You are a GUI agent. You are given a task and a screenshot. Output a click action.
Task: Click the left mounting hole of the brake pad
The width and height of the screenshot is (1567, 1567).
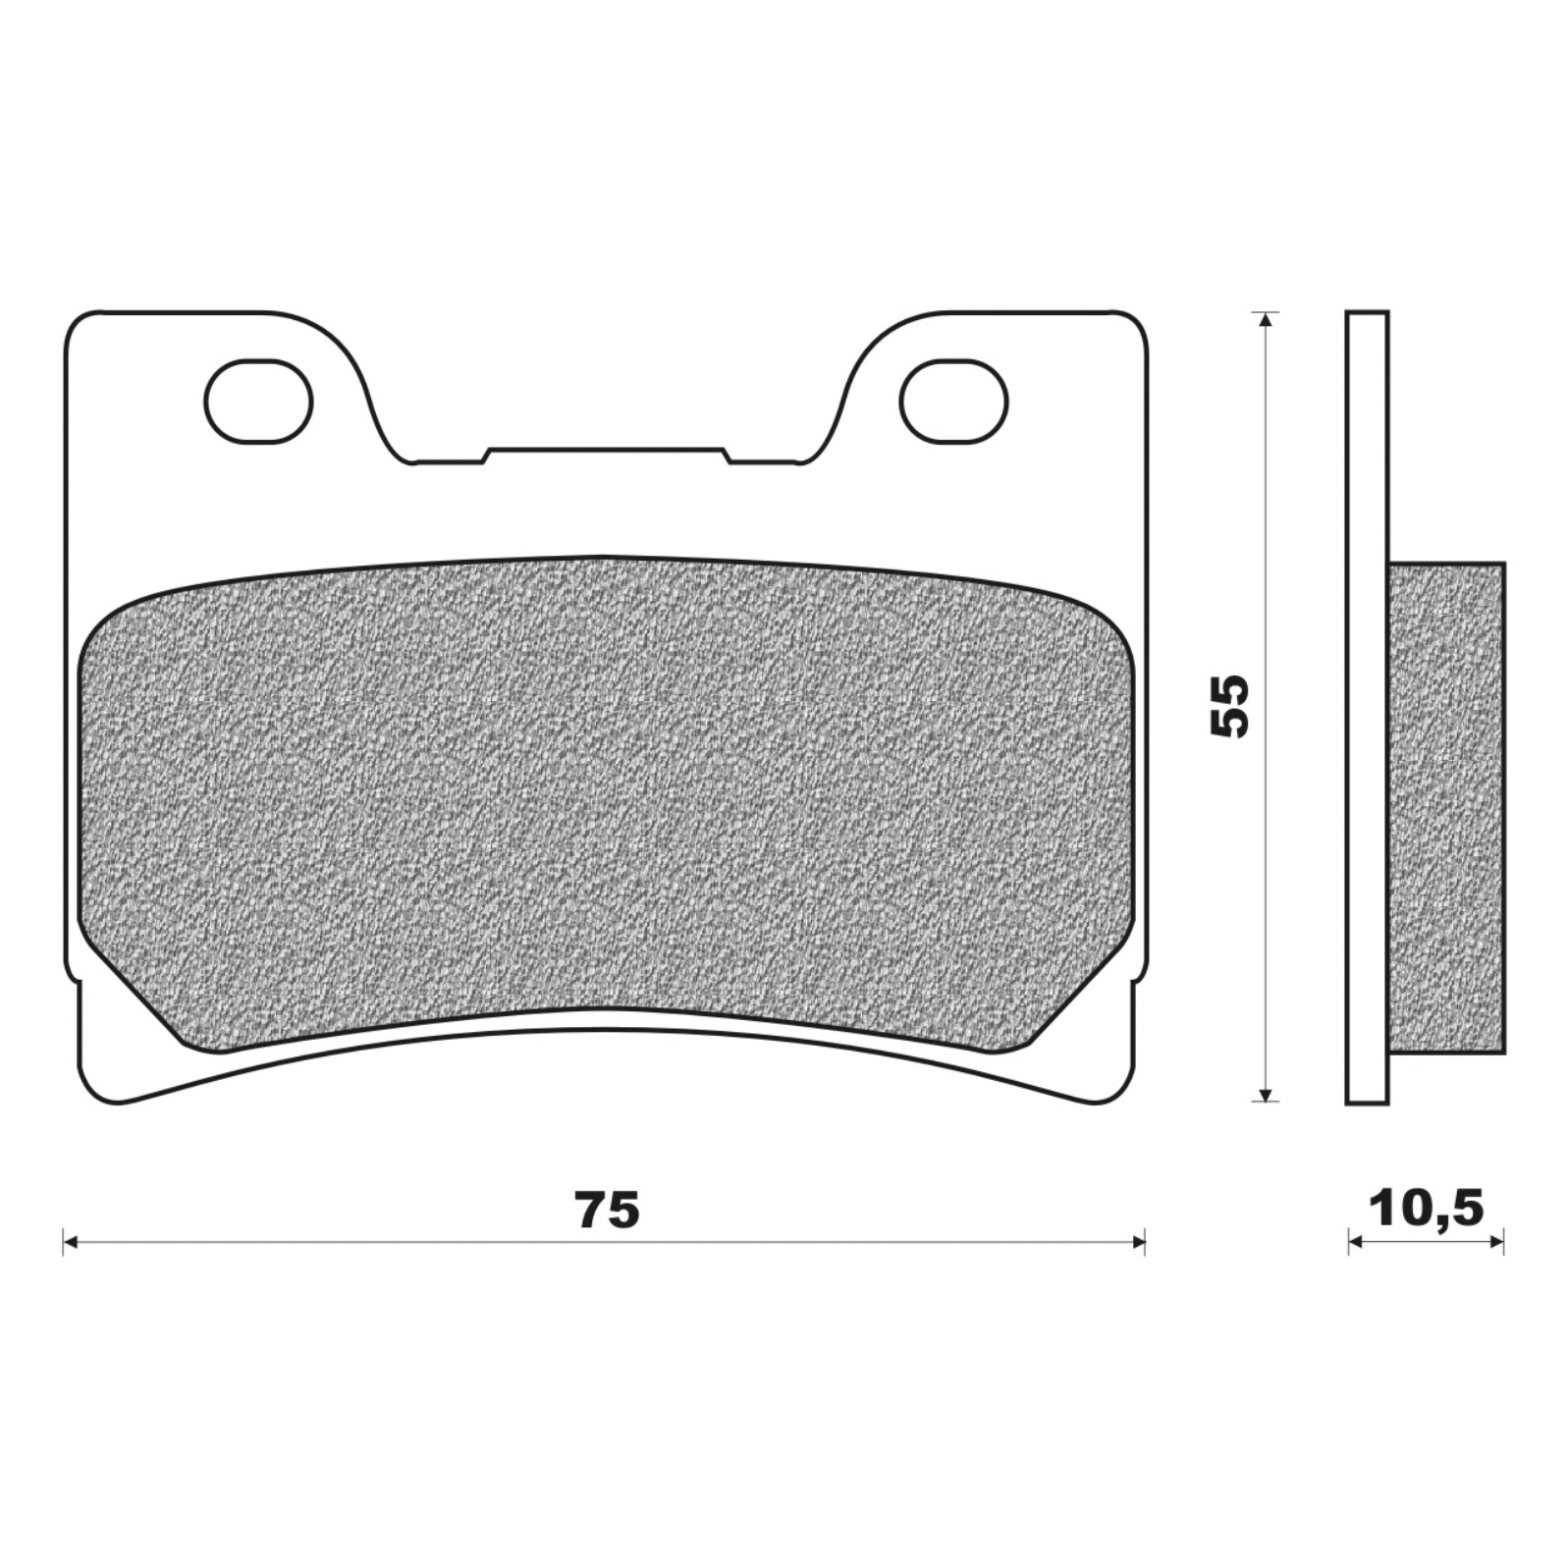[x=258, y=401]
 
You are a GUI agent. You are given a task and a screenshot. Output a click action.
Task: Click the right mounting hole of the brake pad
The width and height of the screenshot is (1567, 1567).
[x=953, y=401]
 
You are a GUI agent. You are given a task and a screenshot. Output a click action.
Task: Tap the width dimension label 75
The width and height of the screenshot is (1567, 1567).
[x=608, y=1211]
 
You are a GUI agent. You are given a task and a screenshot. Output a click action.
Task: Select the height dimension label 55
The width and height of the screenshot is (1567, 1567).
[x=1229, y=705]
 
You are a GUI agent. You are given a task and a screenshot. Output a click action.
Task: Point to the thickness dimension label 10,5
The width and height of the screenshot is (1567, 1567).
[x=1427, y=1210]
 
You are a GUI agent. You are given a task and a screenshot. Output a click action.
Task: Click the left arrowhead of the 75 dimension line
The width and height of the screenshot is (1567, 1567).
[x=69, y=1243]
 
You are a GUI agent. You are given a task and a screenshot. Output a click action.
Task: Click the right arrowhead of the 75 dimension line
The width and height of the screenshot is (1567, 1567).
[x=1139, y=1243]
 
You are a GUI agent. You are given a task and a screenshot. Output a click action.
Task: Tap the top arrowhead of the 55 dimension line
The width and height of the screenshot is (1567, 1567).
[x=1267, y=319]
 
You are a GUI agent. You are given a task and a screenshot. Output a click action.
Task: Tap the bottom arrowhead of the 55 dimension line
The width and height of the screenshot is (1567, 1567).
[x=1267, y=1094]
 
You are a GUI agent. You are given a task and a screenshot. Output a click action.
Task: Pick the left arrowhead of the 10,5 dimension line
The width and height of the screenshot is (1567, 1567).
[x=1355, y=1243]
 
